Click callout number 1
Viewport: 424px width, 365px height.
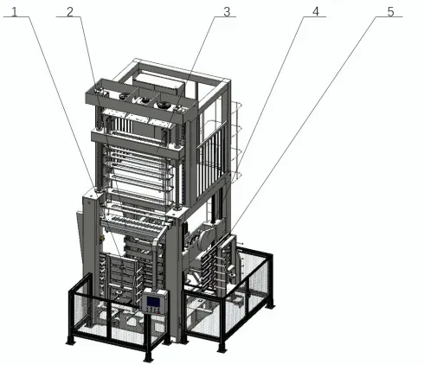tap(15, 12)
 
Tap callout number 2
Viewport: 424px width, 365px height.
tap(70, 12)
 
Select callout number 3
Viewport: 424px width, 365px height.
tap(227, 12)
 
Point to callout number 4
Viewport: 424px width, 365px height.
tap(316, 12)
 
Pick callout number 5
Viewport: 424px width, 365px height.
tap(390, 12)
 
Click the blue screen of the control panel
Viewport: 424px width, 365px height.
tap(153, 301)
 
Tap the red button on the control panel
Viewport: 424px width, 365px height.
tap(158, 312)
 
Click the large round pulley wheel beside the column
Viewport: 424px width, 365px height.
tap(206, 239)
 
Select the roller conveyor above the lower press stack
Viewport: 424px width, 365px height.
tap(134, 223)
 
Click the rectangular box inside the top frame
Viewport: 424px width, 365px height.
tap(158, 81)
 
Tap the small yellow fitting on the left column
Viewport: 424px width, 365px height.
tap(101, 239)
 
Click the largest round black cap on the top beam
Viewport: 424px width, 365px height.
tap(164, 105)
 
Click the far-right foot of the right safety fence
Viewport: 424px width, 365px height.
tap(270, 305)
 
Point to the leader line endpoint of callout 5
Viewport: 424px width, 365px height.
tap(230, 233)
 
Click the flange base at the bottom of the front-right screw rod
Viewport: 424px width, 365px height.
tap(177, 207)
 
